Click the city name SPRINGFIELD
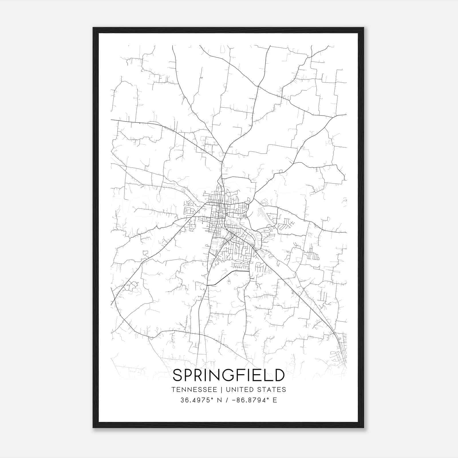229,375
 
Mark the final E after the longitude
275,400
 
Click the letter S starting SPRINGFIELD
178,375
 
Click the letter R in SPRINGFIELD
202,375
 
